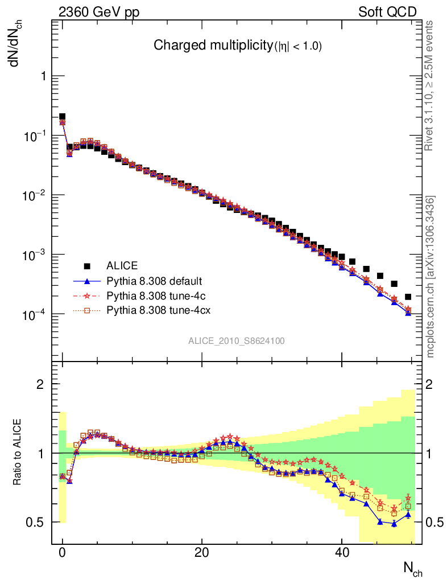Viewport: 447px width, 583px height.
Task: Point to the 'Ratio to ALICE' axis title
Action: [x=18, y=453]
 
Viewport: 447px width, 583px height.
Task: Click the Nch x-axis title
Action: [x=413, y=568]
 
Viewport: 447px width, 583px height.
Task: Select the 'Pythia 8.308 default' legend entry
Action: [x=154, y=281]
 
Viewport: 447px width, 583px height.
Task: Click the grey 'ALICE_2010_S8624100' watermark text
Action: [x=237, y=341]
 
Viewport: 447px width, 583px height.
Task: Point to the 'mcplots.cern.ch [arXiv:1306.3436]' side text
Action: [x=431, y=277]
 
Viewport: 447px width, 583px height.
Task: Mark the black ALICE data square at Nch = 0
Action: [x=63, y=117]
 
